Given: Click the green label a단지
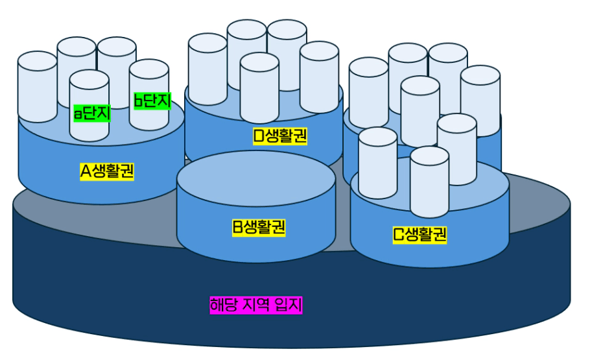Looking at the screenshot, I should (x=91, y=114).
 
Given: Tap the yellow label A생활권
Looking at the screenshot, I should (x=107, y=171).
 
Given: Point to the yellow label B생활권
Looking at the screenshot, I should (x=259, y=227).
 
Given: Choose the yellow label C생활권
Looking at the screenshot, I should (x=420, y=234).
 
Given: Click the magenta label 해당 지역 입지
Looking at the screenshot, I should (x=256, y=305).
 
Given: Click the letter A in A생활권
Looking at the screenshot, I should (x=86, y=171).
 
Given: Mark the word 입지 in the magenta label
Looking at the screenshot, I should (x=289, y=305).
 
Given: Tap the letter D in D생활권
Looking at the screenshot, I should (x=259, y=136).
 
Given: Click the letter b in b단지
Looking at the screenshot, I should (x=138, y=101).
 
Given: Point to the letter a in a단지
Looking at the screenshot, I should (x=78, y=115).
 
